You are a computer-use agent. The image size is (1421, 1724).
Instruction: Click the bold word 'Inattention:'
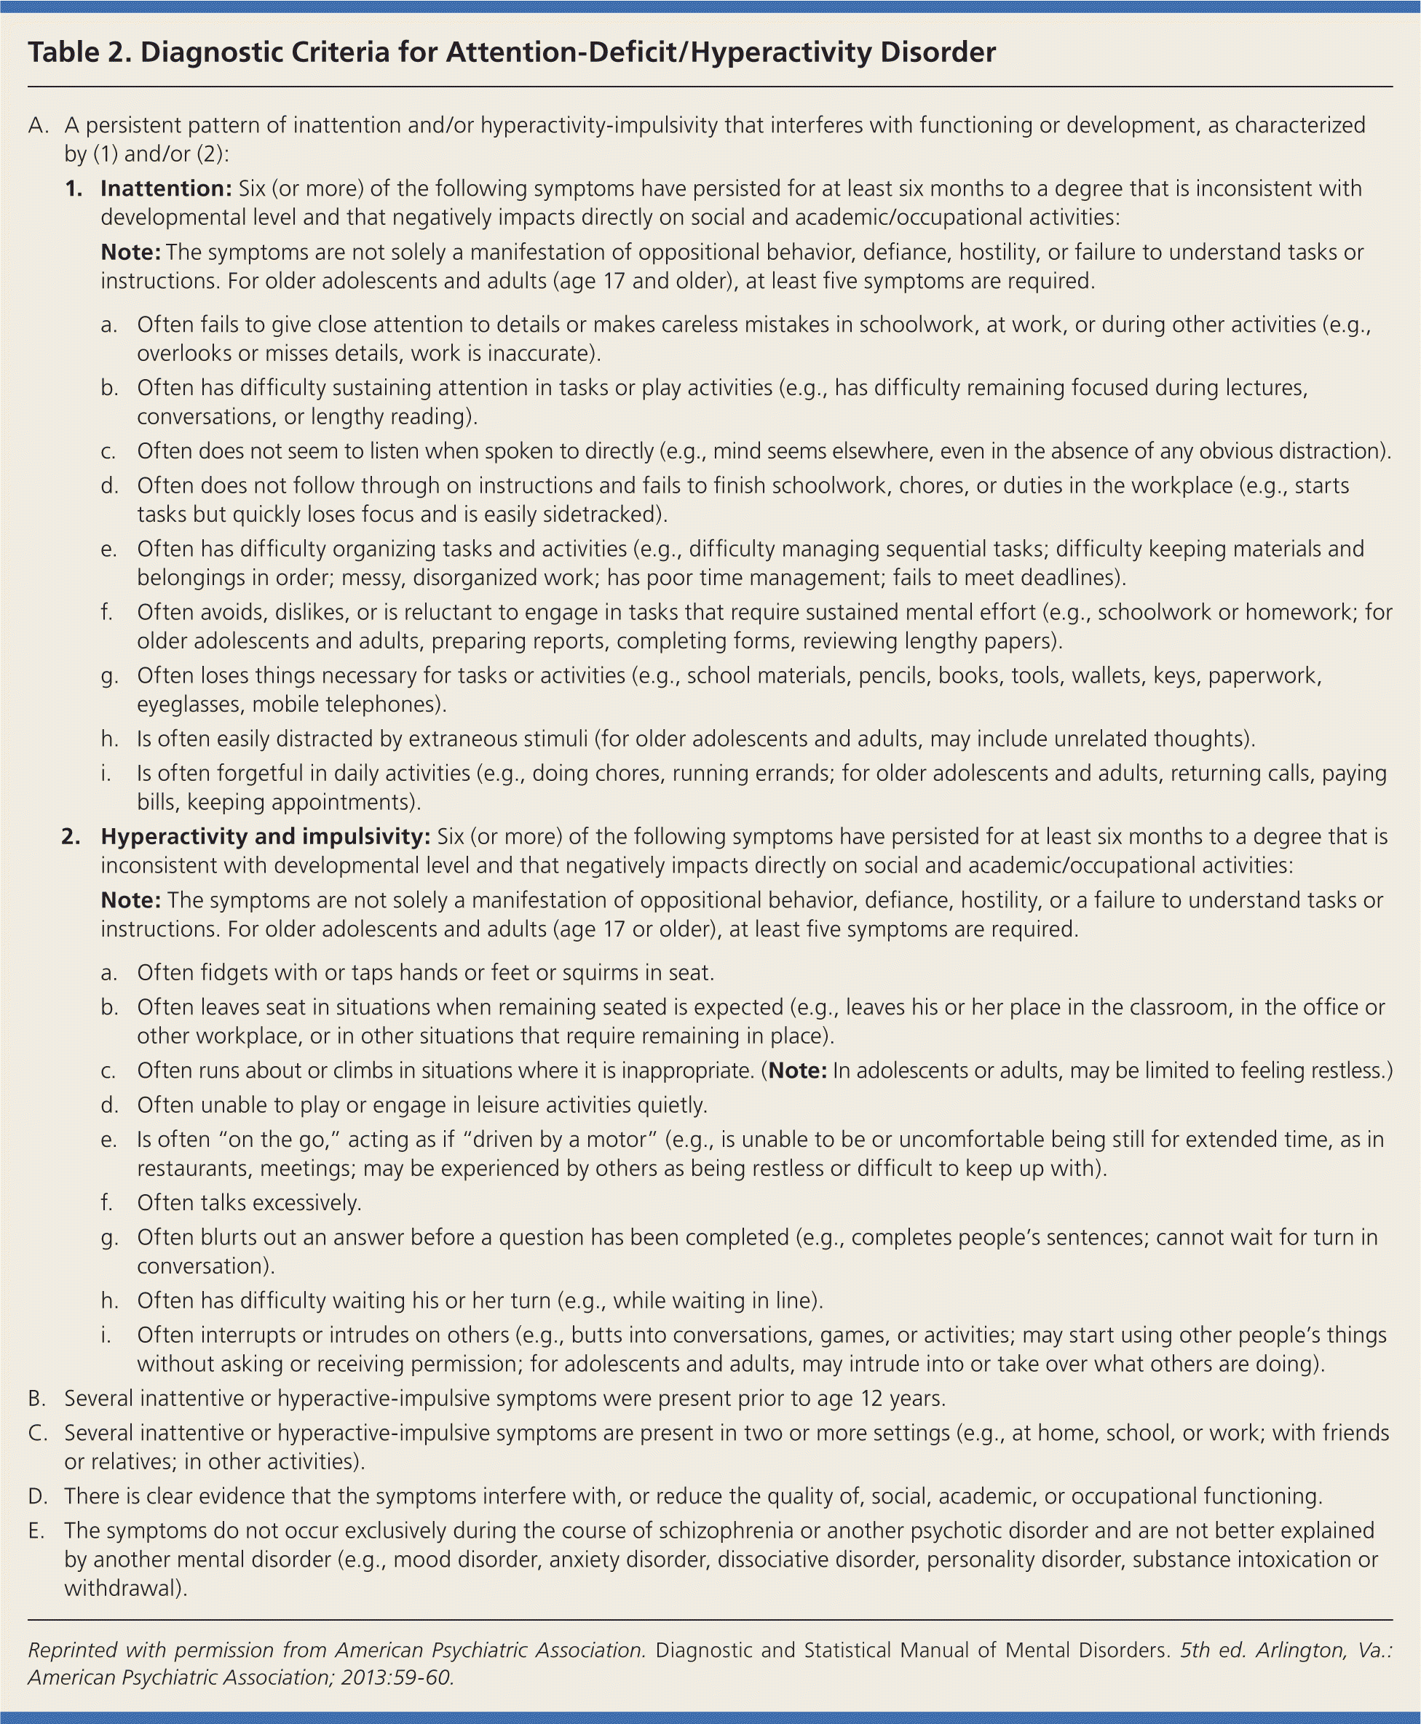click(166, 189)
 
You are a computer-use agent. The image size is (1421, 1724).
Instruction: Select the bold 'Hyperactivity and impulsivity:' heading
click(265, 837)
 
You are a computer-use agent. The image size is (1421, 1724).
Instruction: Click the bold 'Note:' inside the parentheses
click(797, 1071)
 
